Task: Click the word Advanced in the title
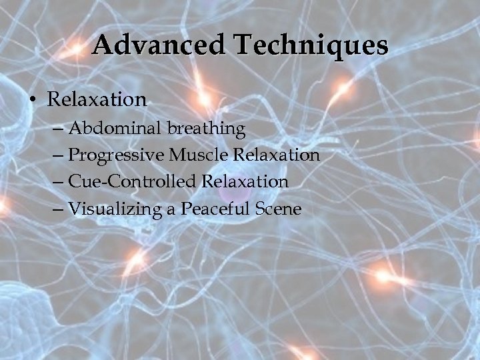coord(157,46)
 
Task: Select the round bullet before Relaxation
coord(32,101)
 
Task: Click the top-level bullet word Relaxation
coord(97,100)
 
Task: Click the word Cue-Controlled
coord(133,182)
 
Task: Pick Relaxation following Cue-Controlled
coord(245,182)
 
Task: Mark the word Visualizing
coord(115,209)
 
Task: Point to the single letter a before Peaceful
coord(171,211)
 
